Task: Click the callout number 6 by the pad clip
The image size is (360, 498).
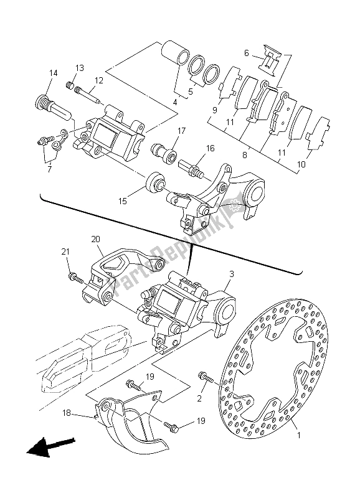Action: [x=246, y=53]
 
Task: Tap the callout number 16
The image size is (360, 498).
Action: [x=210, y=148]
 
